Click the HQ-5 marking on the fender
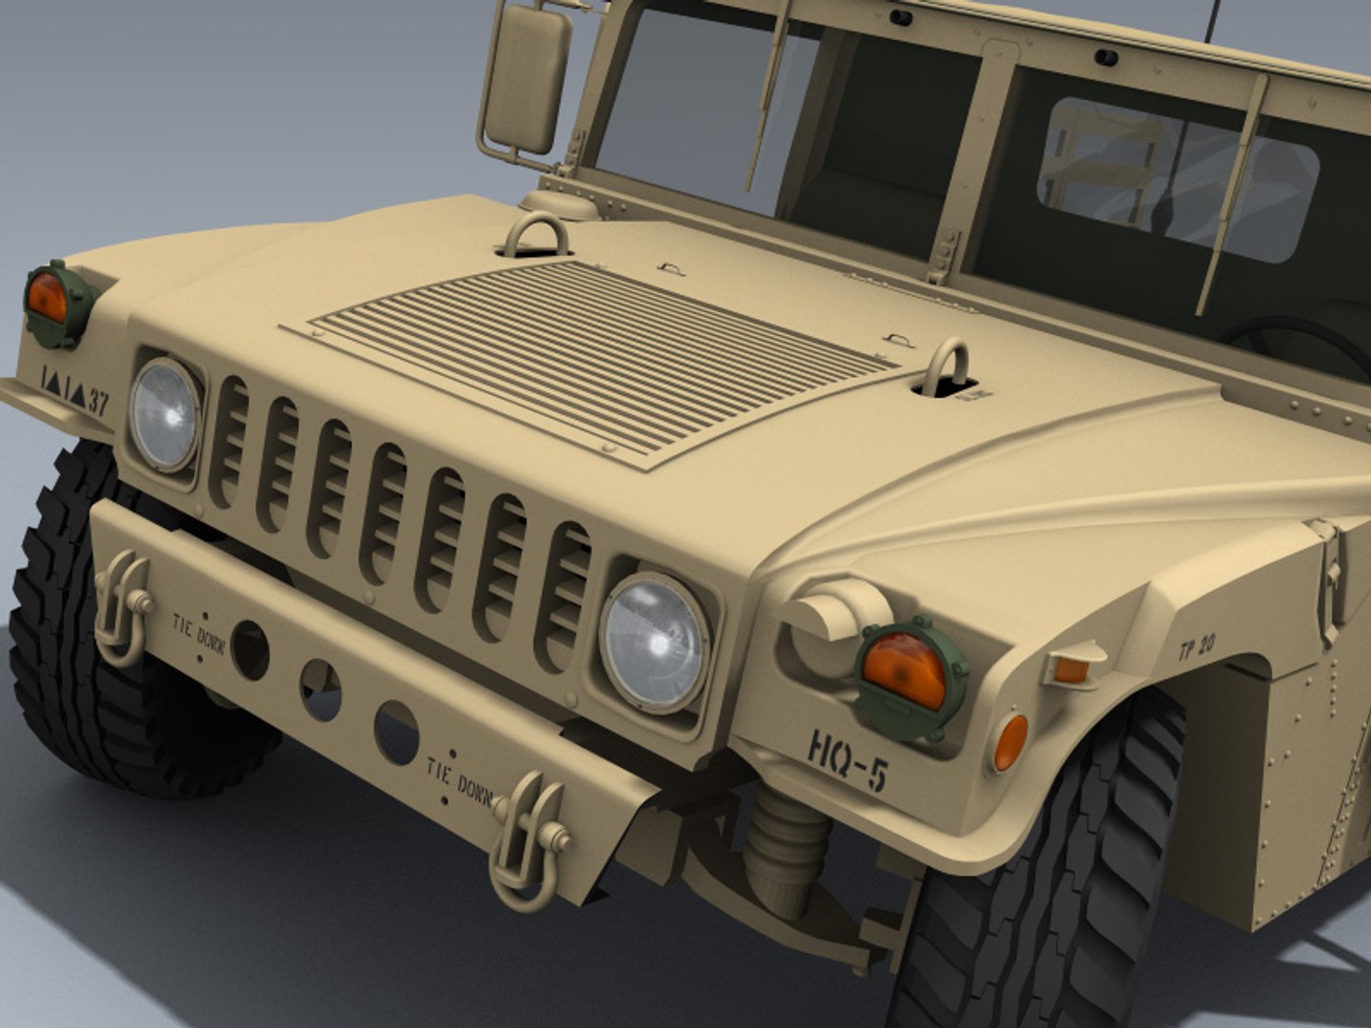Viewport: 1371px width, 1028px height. click(847, 759)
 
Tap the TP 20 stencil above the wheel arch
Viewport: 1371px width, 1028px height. click(1196, 648)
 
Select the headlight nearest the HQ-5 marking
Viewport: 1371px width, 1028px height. click(655, 642)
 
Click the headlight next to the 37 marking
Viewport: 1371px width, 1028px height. click(165, 415)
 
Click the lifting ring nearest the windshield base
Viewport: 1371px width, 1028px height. click(536, 235)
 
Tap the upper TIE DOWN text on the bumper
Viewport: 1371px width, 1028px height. click(198, 632)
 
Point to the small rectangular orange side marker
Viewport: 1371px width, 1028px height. click(1072, 668)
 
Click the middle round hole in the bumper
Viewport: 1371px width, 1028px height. click(321, 690)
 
